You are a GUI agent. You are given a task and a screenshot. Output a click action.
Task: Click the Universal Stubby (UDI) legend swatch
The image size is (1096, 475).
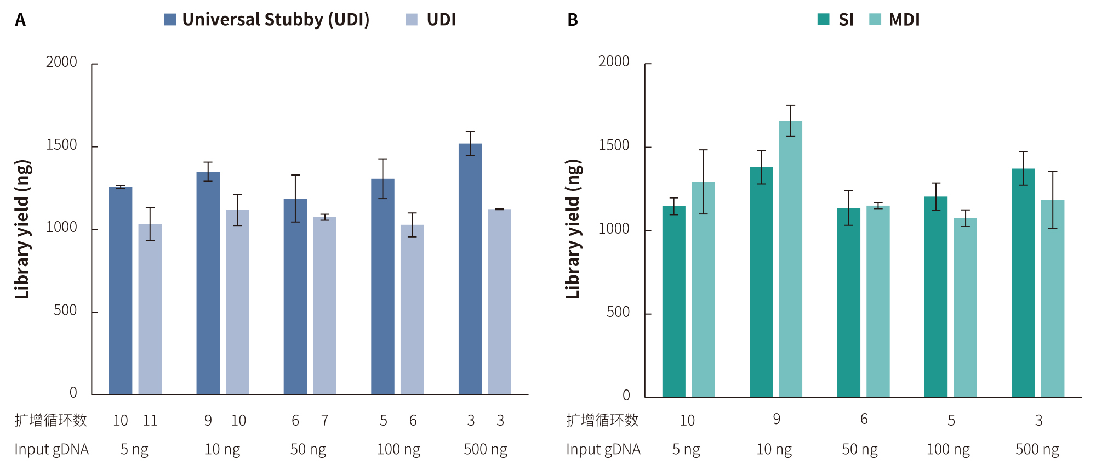click(x=170, y=20)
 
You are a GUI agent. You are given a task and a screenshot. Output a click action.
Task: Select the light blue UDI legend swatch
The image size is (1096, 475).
click(x=412, y=20)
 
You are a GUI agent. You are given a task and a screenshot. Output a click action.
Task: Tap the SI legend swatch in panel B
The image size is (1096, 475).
click(x=823, y=20)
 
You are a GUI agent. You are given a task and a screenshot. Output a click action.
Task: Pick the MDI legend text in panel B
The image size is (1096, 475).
click(x=904, y=20)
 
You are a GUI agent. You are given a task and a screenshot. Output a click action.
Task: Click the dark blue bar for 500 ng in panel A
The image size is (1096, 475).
click(x=470, y=269)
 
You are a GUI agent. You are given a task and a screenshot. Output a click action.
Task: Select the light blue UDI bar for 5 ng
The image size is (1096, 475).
click(x=150, y=309)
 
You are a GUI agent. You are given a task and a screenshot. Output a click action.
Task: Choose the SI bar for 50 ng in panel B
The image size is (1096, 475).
click(x=848, y=302)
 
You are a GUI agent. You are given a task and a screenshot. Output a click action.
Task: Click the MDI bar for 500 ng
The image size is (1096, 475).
click(x=1053, y=298)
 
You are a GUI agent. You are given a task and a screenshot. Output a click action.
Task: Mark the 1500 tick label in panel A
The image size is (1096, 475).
click(x=61, y=145)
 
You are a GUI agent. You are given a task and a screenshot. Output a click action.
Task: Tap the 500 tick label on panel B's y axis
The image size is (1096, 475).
click(x=618, y=312)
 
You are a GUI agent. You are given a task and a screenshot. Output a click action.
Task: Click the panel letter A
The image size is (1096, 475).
click(x=20, y=20)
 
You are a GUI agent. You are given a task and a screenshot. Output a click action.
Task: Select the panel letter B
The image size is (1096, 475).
click(x=573, y=20)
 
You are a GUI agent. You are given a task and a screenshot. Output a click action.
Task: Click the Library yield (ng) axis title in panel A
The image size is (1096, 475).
click(x=22, y=229)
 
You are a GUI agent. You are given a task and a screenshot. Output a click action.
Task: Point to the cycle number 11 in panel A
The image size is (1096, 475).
click(x=150, y=421)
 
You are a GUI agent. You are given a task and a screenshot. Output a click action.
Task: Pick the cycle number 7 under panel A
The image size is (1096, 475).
click(x=325, y=421)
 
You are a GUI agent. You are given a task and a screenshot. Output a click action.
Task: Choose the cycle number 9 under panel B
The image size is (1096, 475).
click(x=777, y=420)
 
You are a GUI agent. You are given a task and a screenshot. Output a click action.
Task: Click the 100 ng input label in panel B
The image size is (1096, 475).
click(x=948, y=449)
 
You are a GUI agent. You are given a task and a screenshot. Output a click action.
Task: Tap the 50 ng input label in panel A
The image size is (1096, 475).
click(x=308, y=449)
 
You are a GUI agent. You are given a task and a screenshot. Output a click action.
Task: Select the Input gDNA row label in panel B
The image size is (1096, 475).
click(x=603, y=449)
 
